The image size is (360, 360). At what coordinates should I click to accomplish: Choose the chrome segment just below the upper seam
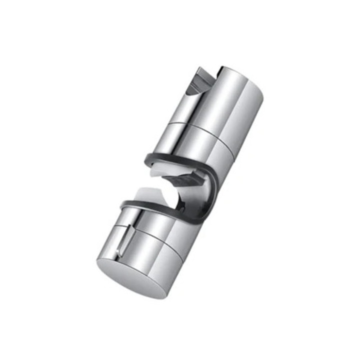click(x=200, y=142)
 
